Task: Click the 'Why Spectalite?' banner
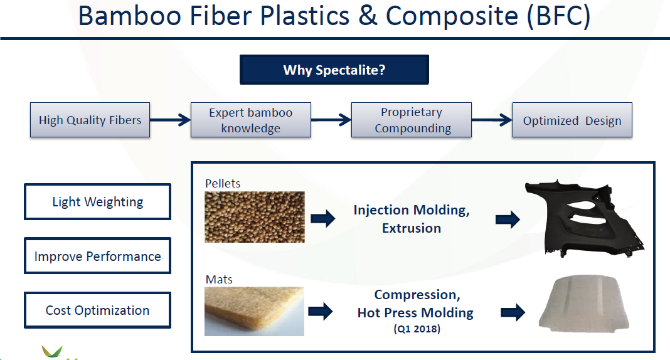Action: click(334, 70)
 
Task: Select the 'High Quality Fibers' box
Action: click(90, 120)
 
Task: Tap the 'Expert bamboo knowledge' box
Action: click(251, 120)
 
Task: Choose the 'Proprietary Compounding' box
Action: click(412, 120)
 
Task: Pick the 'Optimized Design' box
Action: click(572, 120)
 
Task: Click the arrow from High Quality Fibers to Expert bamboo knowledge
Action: click(170, 120)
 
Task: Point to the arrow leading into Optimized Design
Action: click(492, 120)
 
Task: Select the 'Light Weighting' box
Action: click(97, 201)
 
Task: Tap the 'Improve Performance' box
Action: click(97, 256)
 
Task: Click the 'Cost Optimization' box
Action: click(97, 310)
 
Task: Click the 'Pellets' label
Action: click(223, 183)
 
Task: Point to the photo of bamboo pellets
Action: click(255, 217)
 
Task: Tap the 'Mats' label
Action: click(219, 279)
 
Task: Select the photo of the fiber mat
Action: click(254, 311)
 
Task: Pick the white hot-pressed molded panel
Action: click(585, 303)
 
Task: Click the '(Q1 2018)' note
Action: click(417, 329)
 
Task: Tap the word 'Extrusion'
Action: click(412, 228)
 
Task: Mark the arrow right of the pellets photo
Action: click(323, 219)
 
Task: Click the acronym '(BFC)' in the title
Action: click(559, 16)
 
